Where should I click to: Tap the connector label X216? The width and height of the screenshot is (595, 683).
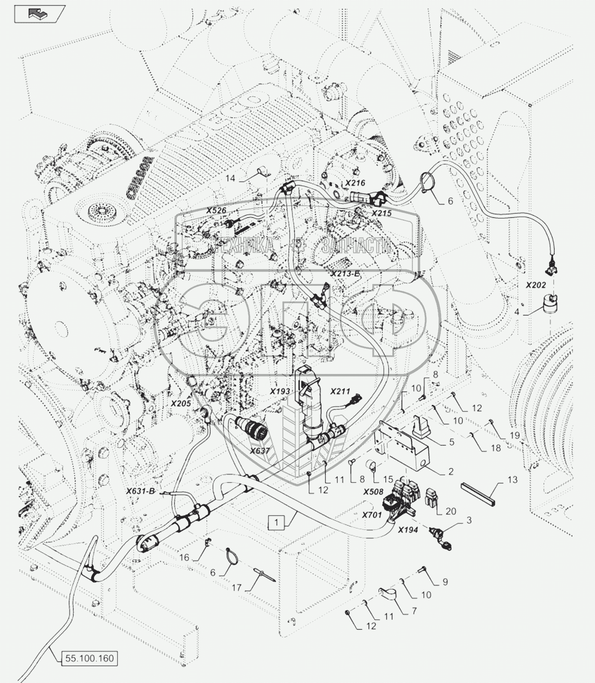pos(355,183)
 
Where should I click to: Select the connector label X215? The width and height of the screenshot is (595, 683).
pos(382,213)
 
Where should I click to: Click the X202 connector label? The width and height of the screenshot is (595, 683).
pos(536,285)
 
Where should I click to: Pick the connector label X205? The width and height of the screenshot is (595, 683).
pos(181,403)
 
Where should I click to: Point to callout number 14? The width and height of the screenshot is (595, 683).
pos(231,178)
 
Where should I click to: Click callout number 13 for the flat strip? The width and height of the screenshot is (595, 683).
pos(512,479)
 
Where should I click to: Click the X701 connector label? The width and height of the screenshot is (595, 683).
pos(372,514)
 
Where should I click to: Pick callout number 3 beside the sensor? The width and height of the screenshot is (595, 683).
pos(469,520)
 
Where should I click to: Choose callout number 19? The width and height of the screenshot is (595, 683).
pos(515,435)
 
